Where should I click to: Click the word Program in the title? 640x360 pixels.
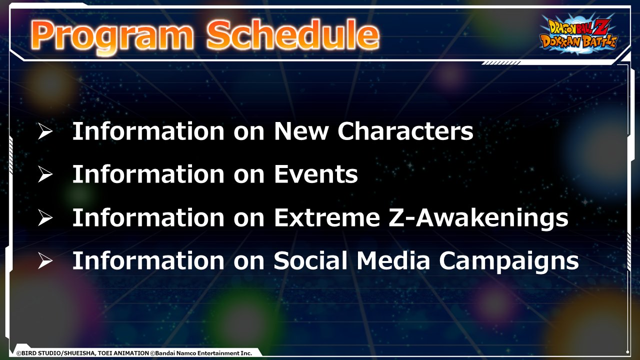click(x=111, y=36)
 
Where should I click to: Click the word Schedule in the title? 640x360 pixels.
click(x=293, y=34)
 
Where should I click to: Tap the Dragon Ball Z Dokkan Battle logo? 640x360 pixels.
click(x=578, y=34)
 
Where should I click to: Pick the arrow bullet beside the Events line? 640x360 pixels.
click(x=45, y=174)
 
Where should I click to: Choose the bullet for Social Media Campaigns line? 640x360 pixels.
click(x=45, y=260)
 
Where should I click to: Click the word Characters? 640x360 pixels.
click(x=405, y=131)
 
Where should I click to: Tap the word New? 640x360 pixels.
click(x=301, y=131)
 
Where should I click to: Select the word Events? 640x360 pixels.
click(x=315, y=174)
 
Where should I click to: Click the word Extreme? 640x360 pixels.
click(x=327, y=217)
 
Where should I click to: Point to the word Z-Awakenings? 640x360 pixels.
click(x=478, y=218)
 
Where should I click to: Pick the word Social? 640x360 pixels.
click(x=310, y=260)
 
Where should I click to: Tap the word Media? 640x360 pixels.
click(x=393, y=260)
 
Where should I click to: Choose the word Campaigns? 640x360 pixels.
click(x=509, y=261)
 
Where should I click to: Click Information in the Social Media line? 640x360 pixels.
click(x=148, y=260)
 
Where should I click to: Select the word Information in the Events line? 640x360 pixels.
click(x=148, y=174)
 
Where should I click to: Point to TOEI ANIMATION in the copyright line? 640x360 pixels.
click(x=123, y=353)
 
